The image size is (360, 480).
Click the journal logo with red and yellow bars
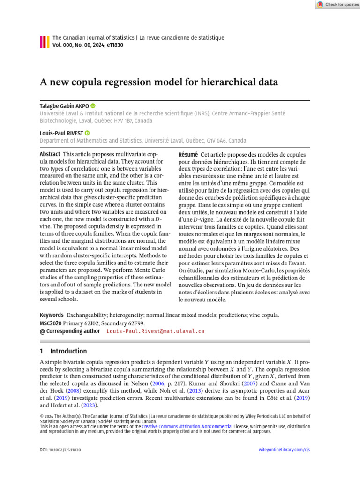coord(45,42)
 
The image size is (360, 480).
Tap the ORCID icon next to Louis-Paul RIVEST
coord(88,133)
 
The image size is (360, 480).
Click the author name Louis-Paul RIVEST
coord(61,133)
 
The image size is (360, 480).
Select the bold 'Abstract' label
coord(50,154)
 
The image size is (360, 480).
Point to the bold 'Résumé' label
coord(188,154)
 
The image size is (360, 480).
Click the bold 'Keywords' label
coord(51,315)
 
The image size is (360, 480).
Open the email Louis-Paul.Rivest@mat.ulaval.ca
coord(156,331)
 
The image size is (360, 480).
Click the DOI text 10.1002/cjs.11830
coord(61,450)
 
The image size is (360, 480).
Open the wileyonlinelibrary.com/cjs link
coord(285,450)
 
